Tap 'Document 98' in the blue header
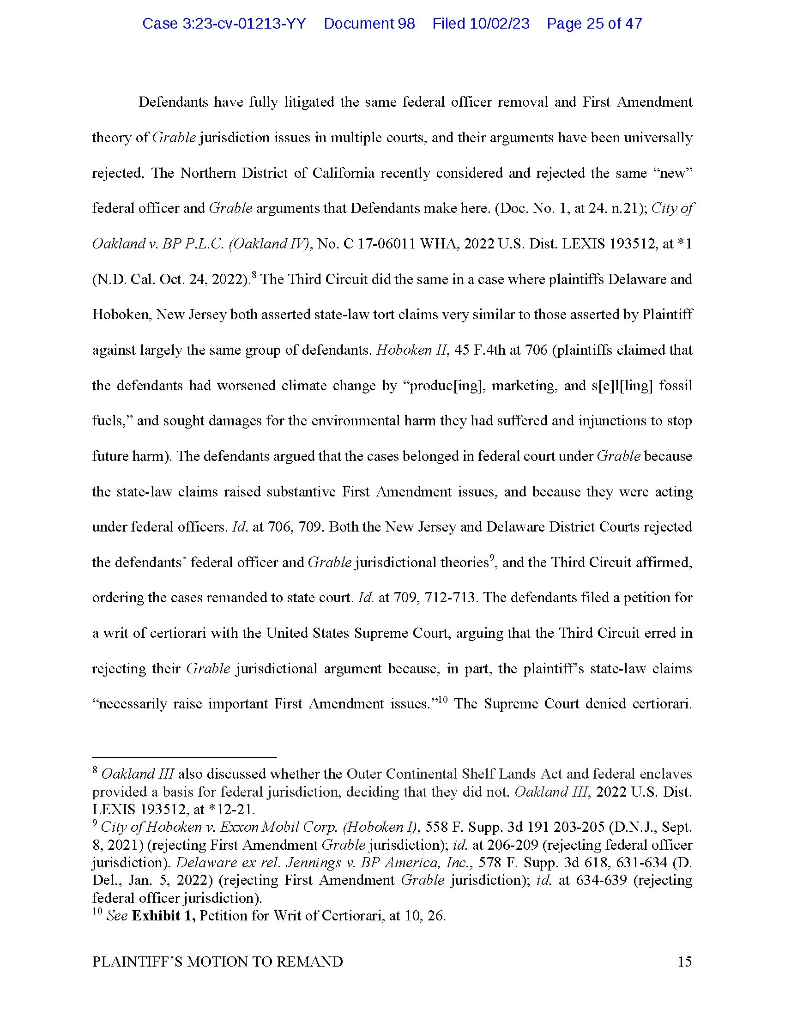pos(369,23)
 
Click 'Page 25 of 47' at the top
pos(594,23)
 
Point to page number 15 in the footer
pos(684,962)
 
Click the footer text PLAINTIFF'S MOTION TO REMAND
pos(217,962)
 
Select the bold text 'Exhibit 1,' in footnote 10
pos(164,915)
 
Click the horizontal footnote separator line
pos(184,757)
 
